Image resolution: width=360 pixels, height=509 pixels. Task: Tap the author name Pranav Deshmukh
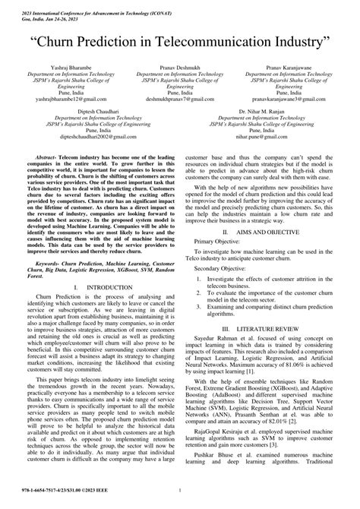click(x=179, y=68)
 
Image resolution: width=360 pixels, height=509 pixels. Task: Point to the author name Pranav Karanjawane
click(x=293, y=68)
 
